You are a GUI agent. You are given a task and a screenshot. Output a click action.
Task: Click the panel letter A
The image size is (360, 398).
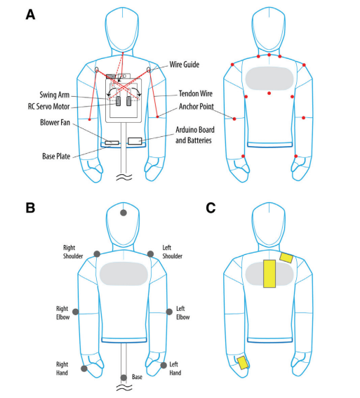30,15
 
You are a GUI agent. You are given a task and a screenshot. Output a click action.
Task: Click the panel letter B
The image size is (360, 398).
30,208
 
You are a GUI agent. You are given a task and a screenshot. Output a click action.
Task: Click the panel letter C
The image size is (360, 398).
211,208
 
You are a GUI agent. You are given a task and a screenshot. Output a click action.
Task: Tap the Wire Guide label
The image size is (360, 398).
184,65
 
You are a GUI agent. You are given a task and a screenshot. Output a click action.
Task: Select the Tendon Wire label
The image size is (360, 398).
195,93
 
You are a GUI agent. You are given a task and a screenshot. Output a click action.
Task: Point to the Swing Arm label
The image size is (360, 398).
54,95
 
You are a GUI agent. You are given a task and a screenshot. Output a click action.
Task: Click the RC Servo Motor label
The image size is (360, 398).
48,107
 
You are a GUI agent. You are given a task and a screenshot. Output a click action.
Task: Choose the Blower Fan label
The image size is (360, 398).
55,123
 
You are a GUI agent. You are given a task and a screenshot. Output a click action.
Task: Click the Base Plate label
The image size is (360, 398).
56,157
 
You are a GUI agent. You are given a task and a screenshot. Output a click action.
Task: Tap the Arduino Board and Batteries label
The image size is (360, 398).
195,135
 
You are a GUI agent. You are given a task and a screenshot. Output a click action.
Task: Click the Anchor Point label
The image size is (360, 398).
196,107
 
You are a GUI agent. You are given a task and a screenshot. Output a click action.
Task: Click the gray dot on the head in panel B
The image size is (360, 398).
124,213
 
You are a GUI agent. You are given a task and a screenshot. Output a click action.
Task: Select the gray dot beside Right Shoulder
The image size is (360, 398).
97,254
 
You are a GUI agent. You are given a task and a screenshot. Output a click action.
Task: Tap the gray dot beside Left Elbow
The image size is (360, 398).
169,312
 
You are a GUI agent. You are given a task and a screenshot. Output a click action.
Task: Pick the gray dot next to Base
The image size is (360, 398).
124,378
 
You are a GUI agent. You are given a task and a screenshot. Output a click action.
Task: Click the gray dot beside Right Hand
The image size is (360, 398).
84,369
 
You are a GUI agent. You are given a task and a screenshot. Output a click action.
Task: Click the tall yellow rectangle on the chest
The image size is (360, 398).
269,274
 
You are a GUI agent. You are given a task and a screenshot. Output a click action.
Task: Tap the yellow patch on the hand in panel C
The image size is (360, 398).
243,362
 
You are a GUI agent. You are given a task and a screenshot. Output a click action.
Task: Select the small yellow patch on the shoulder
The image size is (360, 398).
286,258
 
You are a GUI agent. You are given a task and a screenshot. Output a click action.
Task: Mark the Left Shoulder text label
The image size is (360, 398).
172,252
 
